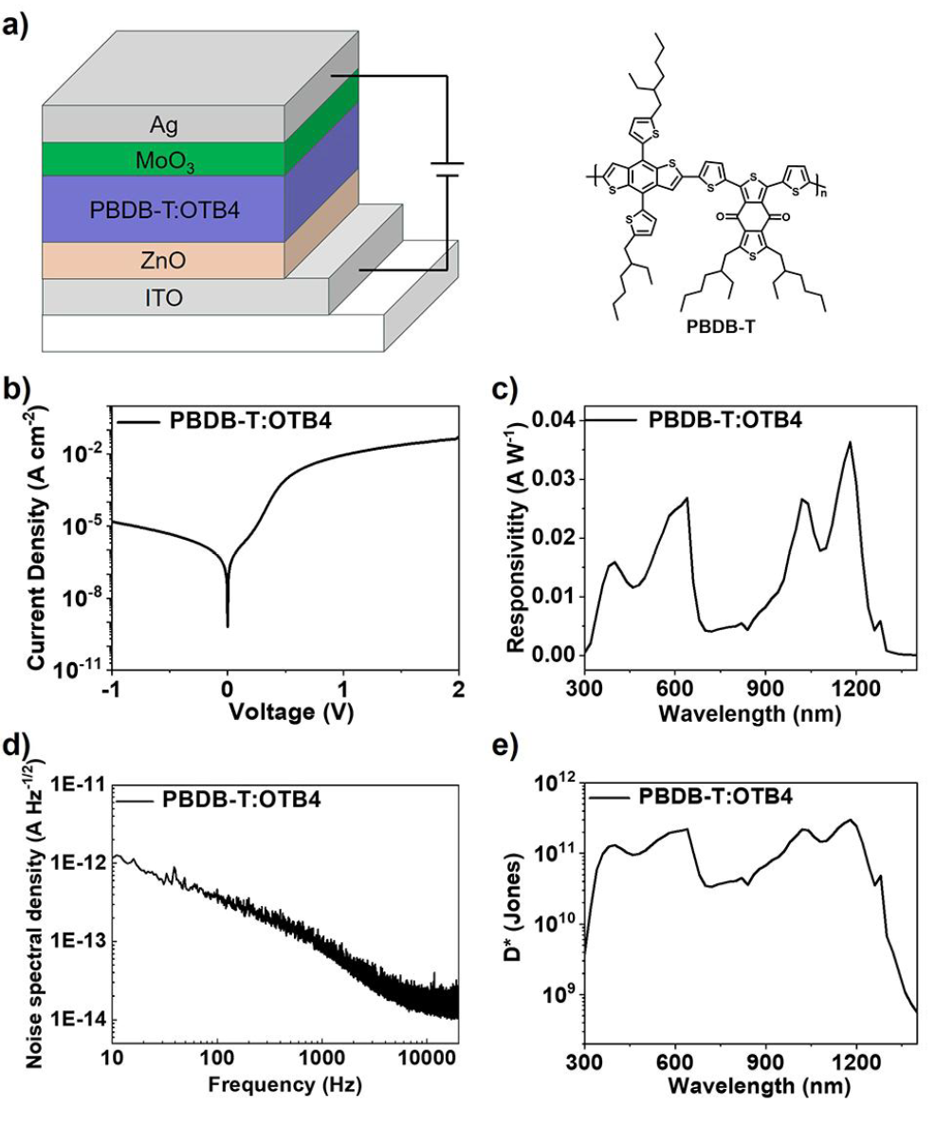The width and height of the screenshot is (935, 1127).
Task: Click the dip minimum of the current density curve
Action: coord(228,625)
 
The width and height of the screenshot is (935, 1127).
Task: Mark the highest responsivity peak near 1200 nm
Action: coord(850,442)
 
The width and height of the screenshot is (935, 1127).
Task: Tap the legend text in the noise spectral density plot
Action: coord(242,800)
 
